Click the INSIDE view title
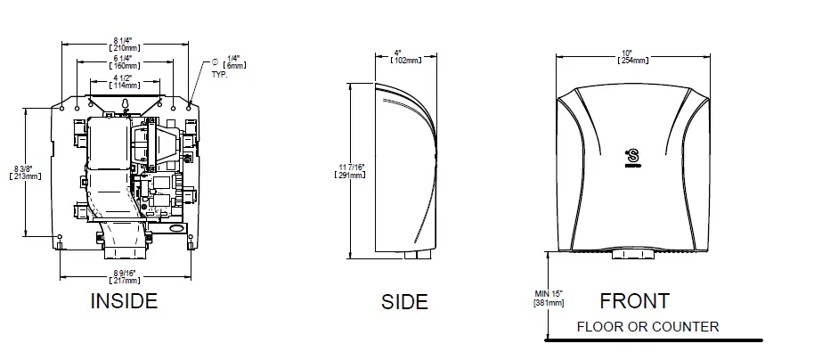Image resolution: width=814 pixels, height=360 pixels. [124, 301]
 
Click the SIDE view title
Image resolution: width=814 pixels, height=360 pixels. [404, 302]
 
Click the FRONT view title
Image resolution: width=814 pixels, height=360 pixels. [635, 300]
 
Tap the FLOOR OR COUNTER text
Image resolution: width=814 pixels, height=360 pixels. [647, 327]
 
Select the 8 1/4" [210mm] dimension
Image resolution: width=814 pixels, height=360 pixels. [125, 45]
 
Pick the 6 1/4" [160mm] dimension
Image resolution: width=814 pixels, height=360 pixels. [125, 62]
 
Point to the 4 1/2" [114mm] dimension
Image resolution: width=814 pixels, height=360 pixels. [125, 80]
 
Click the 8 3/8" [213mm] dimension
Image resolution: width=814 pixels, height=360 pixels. [24, 172]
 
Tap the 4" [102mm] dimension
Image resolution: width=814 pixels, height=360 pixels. [406, 56]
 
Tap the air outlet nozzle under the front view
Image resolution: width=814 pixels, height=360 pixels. [635, 257]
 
